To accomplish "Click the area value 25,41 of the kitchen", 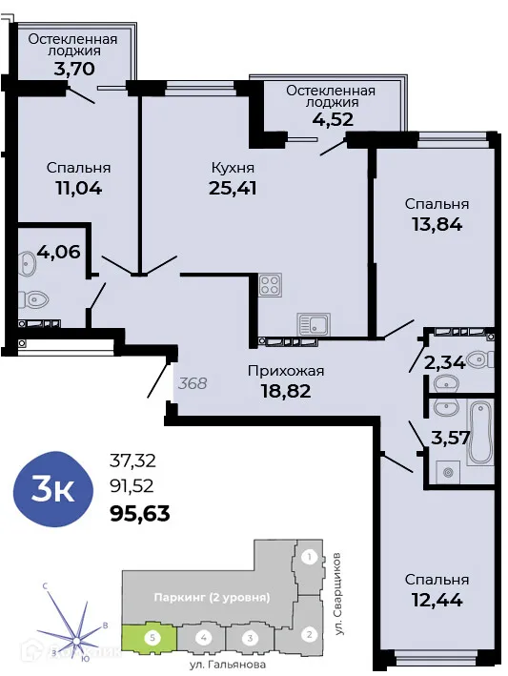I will [233, 187].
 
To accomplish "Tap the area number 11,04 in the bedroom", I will [78, 187].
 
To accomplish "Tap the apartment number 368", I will [193, 384].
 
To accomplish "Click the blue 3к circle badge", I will [53, 491].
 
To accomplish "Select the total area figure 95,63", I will [141, 515].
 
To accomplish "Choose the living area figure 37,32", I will [133, 461].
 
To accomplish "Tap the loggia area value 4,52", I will [331, 120].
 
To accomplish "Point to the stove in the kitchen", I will [269, 284].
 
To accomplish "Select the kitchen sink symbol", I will [313, 322].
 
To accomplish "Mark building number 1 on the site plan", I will [308, 557].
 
